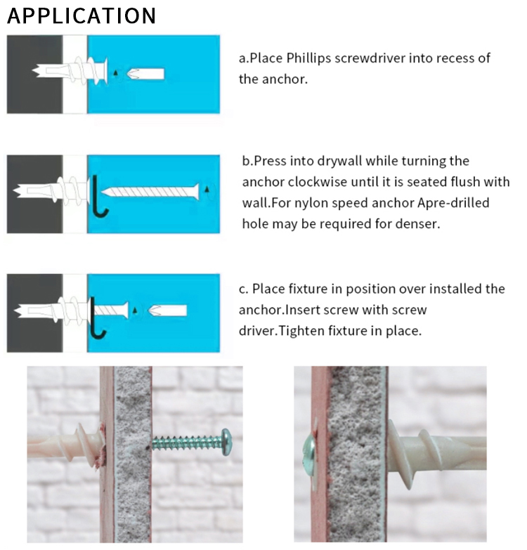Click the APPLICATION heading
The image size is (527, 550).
[x=82, y=15]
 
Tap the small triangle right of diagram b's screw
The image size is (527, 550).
[x=207, y=190]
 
